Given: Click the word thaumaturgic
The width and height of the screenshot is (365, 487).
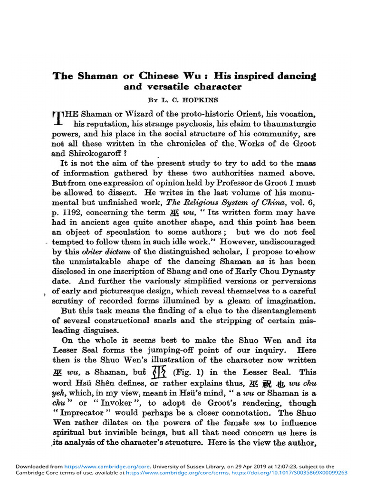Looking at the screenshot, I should [288, 124].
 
